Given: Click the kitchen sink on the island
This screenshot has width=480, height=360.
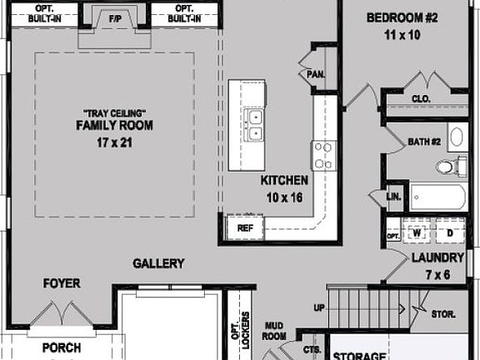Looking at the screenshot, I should coord(257,123).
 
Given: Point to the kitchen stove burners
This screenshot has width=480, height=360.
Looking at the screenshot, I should coord(322,155).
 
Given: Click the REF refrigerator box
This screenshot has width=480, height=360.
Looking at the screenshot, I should coord(245,226).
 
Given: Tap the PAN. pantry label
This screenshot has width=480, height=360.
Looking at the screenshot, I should coord(316,73).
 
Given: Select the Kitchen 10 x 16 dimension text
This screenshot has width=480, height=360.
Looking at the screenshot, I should coord(284,197).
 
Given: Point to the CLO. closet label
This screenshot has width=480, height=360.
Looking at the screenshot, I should coord(421,97).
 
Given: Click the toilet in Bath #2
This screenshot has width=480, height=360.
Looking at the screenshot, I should coord(448,167).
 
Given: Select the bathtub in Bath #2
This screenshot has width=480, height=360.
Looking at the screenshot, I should coord(438,197).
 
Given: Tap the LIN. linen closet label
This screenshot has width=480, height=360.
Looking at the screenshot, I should coord(394,197).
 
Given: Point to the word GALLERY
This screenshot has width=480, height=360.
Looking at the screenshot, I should coord(158,263).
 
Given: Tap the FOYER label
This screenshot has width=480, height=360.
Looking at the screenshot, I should coord(62,284).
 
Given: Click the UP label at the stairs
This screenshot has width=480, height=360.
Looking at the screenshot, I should coord(319,307).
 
